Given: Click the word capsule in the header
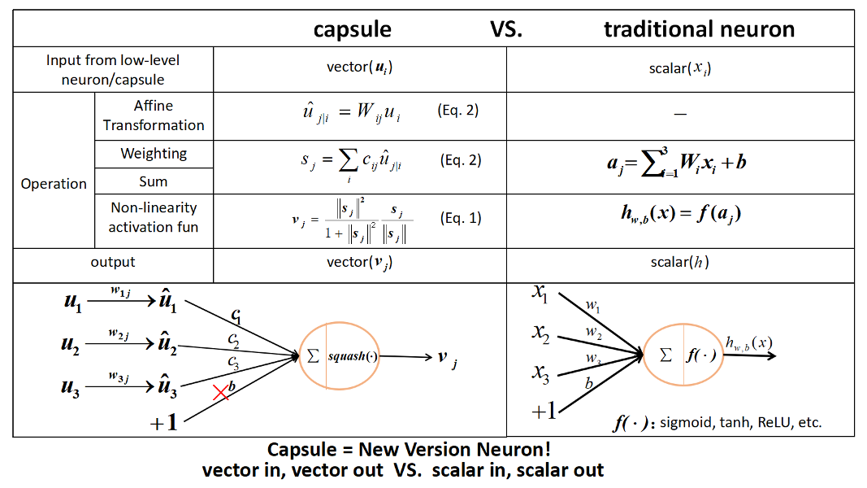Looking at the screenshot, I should click(353, 30).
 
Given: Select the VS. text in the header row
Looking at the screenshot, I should click(506, 30).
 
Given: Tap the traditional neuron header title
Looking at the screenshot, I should click(699, 30).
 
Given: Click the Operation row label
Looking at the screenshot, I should click(54, 184).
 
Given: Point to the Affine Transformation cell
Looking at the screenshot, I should click(154, 115).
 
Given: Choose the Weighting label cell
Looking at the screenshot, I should click(154, 154).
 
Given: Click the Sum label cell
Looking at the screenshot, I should click(154, 181).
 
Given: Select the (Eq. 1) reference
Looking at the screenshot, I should click(460, 218).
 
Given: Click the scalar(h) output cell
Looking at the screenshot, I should click(680, 263).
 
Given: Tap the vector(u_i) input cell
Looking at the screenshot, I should click(359, 68).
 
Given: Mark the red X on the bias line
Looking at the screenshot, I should click(219, 393).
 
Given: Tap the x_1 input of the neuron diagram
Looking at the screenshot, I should click(540, 294).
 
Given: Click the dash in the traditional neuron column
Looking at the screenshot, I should click(680, 115).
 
